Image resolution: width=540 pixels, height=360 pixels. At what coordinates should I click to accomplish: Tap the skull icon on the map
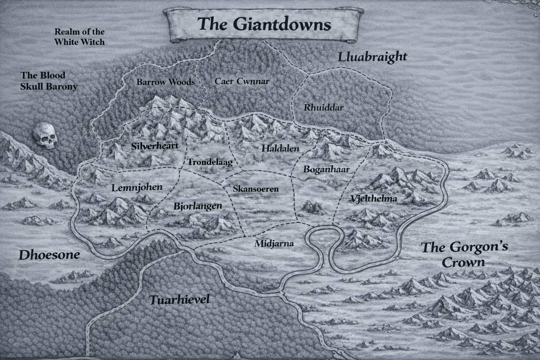point(45,135)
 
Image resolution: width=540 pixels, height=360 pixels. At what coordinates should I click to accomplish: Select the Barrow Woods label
point(165,82)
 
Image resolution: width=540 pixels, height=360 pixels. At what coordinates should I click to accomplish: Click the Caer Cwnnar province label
point(242,82)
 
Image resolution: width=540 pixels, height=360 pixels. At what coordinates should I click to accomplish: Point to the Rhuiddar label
point(323,108)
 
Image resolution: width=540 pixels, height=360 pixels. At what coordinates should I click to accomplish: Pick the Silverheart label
point(155,146)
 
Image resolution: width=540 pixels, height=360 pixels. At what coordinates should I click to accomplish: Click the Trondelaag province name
point(210,162)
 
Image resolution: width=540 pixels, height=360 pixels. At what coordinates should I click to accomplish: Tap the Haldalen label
point(280,149)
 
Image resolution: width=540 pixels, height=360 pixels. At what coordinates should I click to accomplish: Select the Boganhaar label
point(326,169)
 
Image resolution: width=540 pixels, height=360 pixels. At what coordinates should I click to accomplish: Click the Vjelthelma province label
point(374,199)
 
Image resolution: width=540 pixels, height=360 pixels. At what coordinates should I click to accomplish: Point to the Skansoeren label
point(256,189)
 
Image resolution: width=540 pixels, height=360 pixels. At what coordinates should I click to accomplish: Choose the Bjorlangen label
point(198,206)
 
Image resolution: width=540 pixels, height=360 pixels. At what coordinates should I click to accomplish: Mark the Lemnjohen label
point(137,187)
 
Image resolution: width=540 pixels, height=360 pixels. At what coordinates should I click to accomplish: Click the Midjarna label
point(274,243)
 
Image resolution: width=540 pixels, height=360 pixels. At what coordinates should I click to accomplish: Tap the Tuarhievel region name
point(179,300)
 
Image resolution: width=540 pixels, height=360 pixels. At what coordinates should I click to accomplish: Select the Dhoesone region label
point(49,255)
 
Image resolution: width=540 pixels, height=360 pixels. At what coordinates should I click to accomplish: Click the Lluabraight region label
point(372,57)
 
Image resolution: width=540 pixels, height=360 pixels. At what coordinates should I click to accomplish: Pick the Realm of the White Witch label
point(79,37)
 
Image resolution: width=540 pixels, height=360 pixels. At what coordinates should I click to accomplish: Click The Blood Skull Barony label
point(49,81)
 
